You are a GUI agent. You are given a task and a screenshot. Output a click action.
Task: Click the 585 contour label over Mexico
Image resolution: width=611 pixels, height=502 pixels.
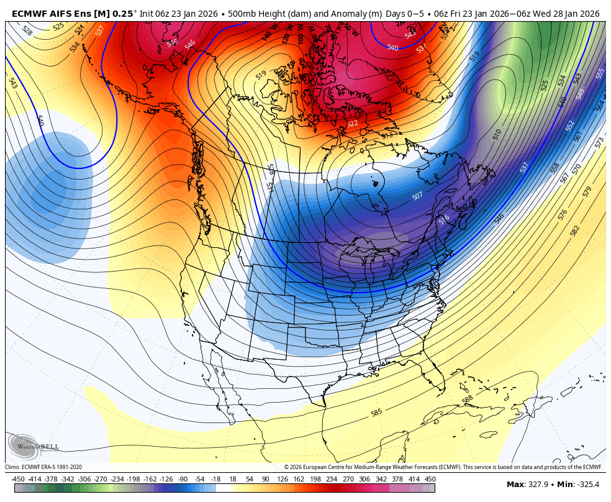(x=376, y=413)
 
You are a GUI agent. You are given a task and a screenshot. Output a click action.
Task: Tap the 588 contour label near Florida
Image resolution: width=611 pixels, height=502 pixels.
(x=468, y=399)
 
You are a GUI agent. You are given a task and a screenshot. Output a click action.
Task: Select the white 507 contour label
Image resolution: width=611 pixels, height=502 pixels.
(x=417, y=196)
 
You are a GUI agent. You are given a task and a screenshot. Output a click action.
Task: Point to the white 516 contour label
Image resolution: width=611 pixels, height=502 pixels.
(x=444, y=220)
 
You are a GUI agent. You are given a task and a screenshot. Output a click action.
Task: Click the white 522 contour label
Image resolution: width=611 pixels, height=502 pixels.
(x=353, y=124)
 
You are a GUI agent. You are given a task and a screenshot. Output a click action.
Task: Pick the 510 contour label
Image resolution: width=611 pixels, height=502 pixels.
(x=497, y=134)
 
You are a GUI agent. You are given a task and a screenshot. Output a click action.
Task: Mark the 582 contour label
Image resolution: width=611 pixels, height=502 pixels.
(x=574, y=231)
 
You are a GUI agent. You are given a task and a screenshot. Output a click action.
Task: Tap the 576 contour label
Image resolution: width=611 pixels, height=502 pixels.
(x=563, y=214)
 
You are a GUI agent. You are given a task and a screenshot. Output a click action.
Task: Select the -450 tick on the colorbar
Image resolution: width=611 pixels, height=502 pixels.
(x=18, y=479)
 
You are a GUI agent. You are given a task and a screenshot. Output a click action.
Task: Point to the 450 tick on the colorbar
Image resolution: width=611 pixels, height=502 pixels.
(x=430, y=479)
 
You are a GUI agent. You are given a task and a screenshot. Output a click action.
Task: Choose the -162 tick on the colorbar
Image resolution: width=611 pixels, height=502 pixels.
(x=149, y=479)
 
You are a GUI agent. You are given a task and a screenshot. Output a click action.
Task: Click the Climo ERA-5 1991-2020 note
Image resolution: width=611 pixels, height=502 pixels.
(x=43, y=467)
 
